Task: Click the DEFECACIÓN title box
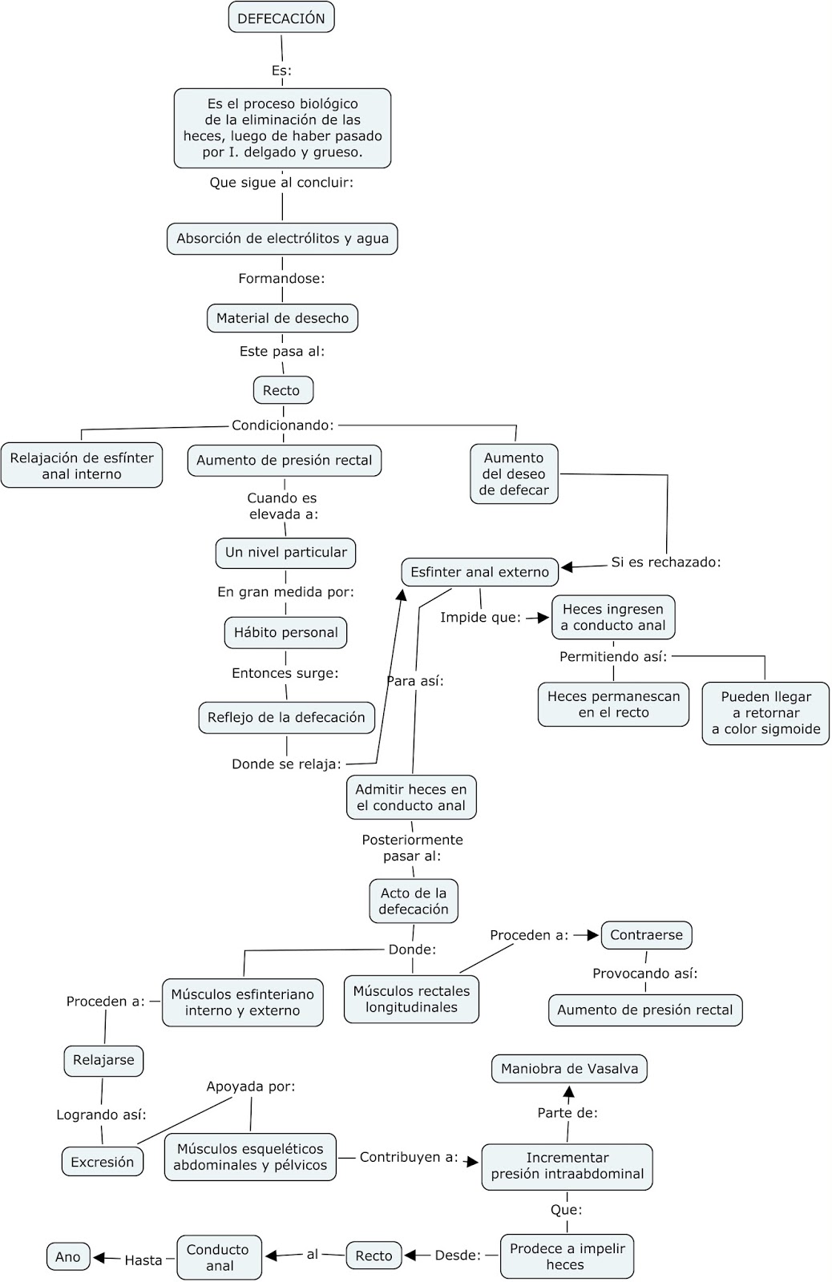[x=281, y=18]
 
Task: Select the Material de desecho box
[x=282, y=318]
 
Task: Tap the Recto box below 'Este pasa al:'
[x=282, y=390]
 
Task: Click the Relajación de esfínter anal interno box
[x=82, y=466]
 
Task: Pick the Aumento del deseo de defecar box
[x=514, y=474]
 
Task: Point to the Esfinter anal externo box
[x=479, y=572]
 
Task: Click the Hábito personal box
[x=285, y=632]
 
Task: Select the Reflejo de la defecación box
[x=286, y=717]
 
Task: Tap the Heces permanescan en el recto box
[x=613, y=704]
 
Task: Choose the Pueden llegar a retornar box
[x=765, y=712]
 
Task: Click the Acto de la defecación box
[x=414, y=901]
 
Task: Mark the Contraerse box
[x=646, y=934]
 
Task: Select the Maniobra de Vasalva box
[x=569, y=1069]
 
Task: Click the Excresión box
[x=103, y=1162]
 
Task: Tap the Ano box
[x=68, y=1256]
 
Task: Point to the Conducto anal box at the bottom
[x=219, y=1257]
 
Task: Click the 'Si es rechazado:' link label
[x=665, y=562]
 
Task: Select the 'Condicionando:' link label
[x=282, y=425]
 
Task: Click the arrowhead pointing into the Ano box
[x=100, y=1258]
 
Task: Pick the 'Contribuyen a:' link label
[x=408, y=1157]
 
